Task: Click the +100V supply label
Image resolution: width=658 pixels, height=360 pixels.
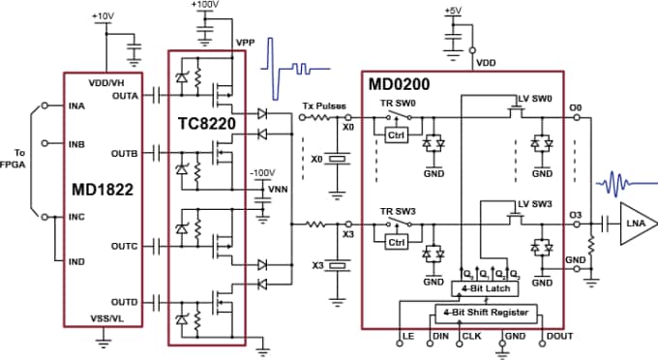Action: click(205, 6)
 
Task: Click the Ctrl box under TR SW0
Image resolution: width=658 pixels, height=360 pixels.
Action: click(396, 134)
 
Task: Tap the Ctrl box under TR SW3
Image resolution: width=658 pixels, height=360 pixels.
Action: click(396, 241)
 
